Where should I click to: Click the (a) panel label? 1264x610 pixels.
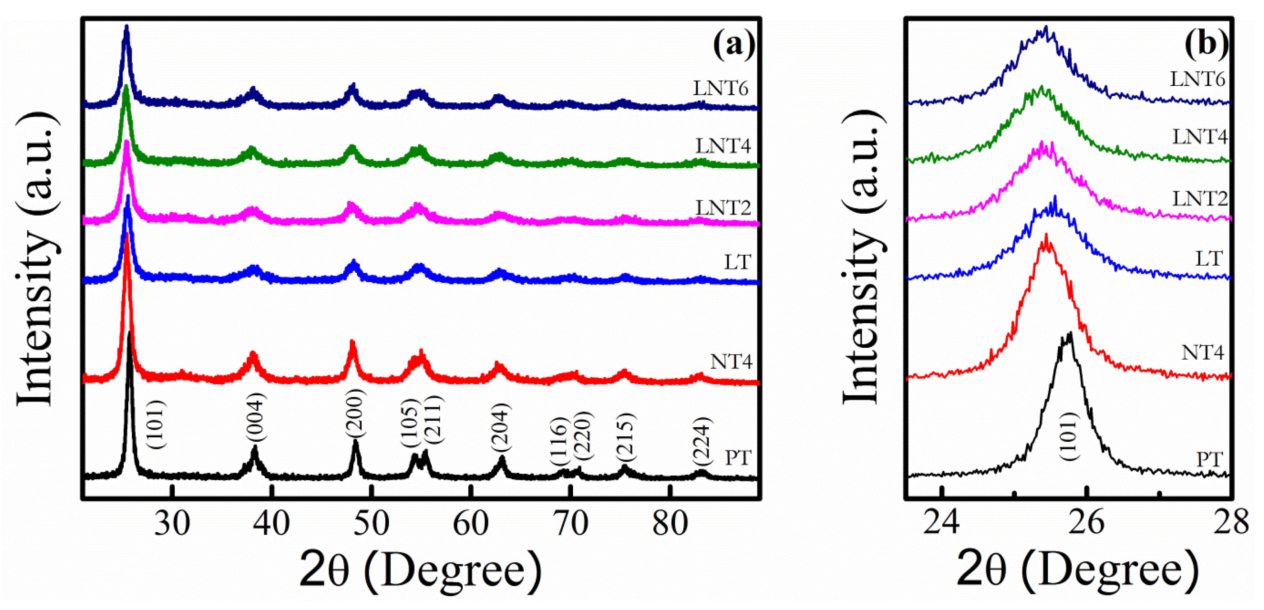coord(734,45)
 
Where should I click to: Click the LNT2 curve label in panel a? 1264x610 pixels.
coord(723,208)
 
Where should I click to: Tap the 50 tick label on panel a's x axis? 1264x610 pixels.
coord(371,524)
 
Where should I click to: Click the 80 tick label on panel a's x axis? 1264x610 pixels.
coord(670,524)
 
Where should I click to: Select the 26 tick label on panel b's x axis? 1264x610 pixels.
coord(1086,523)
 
